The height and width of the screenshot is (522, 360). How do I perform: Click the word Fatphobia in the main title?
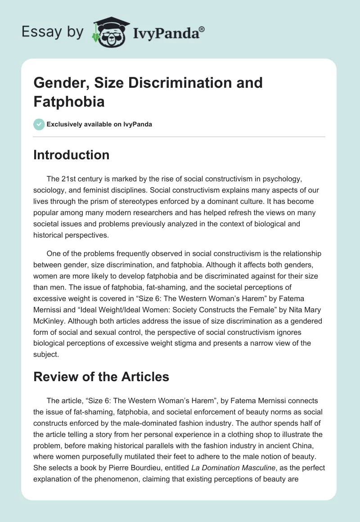pos(69,101)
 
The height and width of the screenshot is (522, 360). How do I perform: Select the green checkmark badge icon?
pos(39,124)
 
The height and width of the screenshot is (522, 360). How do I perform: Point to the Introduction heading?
pos(72,155)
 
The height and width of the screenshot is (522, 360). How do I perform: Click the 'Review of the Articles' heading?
pos(101,377)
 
